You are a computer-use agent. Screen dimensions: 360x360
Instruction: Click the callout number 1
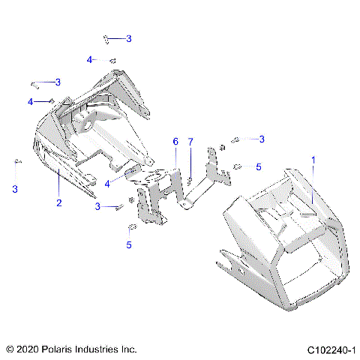[x=313, y=160]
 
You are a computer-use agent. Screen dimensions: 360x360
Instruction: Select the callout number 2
[x=58, y=202]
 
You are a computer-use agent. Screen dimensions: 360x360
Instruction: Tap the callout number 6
[x=175, y=141]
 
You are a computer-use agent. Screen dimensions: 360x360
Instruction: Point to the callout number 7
[x=190, y=141]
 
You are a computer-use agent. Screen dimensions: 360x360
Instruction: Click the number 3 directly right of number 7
[x=262, y=139]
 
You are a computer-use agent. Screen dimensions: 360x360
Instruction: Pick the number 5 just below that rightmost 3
[x=259, y=166]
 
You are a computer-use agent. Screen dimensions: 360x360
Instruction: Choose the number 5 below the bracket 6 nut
[x=128, y=244]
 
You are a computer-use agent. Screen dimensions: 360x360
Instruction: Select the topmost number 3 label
[x=128, y=38]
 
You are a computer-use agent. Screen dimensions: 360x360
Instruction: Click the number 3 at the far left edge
[x=14, y=189]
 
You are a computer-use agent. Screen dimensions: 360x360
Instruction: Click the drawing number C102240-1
[x=330, y=349]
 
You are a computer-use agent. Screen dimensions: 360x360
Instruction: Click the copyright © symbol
[x=10, y=349]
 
